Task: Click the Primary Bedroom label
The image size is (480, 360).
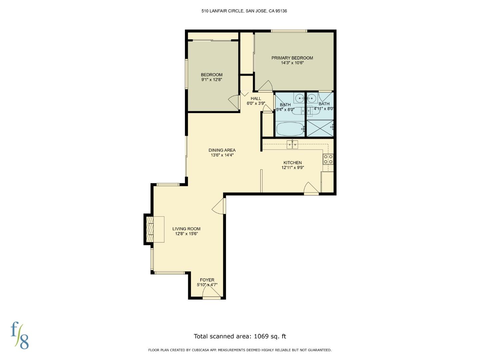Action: (x=292, y=58)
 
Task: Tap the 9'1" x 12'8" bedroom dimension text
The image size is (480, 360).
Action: (x=211, y=80)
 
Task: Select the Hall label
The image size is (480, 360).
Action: (x=256, y=98)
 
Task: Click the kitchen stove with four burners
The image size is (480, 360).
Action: (x=328, y=159)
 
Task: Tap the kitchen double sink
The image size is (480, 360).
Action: (x=292, y=145)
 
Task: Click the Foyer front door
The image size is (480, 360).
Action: (x=212, y=294)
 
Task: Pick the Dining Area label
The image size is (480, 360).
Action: (x=222, y=150)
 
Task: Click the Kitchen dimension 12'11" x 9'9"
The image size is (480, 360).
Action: (x=293, y=168)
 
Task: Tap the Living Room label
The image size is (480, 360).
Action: (x=186, y=229)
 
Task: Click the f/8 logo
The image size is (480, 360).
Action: (x=20, y=335)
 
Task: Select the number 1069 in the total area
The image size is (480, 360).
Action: (x=261, y=336)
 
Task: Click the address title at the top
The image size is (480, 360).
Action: (x=244, y=11)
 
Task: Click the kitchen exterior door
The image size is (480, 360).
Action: (x=311, y=189)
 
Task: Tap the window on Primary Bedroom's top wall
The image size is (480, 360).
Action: (x=289, y=31)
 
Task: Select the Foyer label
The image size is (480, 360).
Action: (x=207, y=280)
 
